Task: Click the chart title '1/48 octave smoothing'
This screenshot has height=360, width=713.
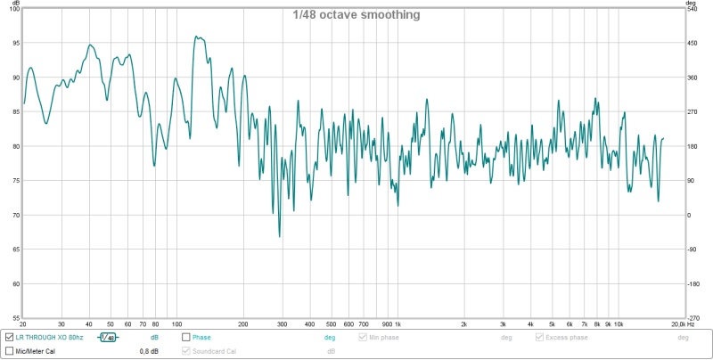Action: [356, 15]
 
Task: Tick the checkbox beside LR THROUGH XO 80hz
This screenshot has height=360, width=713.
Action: [9, 338]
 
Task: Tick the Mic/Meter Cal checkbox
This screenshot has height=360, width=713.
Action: [9, 351]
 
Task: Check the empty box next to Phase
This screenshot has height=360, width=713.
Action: [186, 338]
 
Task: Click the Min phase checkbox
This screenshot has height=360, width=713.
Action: [363, 338]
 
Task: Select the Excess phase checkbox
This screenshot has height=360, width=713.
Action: [539, 338]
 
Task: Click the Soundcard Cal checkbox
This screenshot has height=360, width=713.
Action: [186, 351]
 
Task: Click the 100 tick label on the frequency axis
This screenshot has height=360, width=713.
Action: [176, 324]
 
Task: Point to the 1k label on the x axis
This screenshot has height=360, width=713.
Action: [398, 324]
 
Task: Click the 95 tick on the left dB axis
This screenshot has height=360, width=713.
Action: [14, 44]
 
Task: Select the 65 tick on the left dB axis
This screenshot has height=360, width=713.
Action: [14, 250]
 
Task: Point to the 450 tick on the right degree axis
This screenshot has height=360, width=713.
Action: [692, 44]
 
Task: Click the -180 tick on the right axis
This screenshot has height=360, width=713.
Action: [692, 284]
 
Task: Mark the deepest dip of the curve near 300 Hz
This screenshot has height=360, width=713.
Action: [280, 237]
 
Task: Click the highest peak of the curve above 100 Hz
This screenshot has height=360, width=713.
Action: [196, 37]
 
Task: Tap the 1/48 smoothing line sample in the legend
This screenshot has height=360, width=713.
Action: [108, 338]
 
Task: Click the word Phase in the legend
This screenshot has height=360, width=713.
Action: [202, 338]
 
